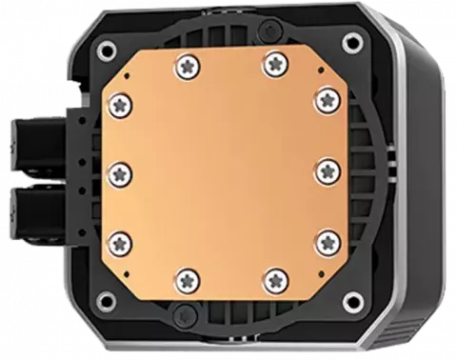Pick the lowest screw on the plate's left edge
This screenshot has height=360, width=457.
(x=120, y=238)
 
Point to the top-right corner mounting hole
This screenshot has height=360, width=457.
(x=355, y=42)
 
